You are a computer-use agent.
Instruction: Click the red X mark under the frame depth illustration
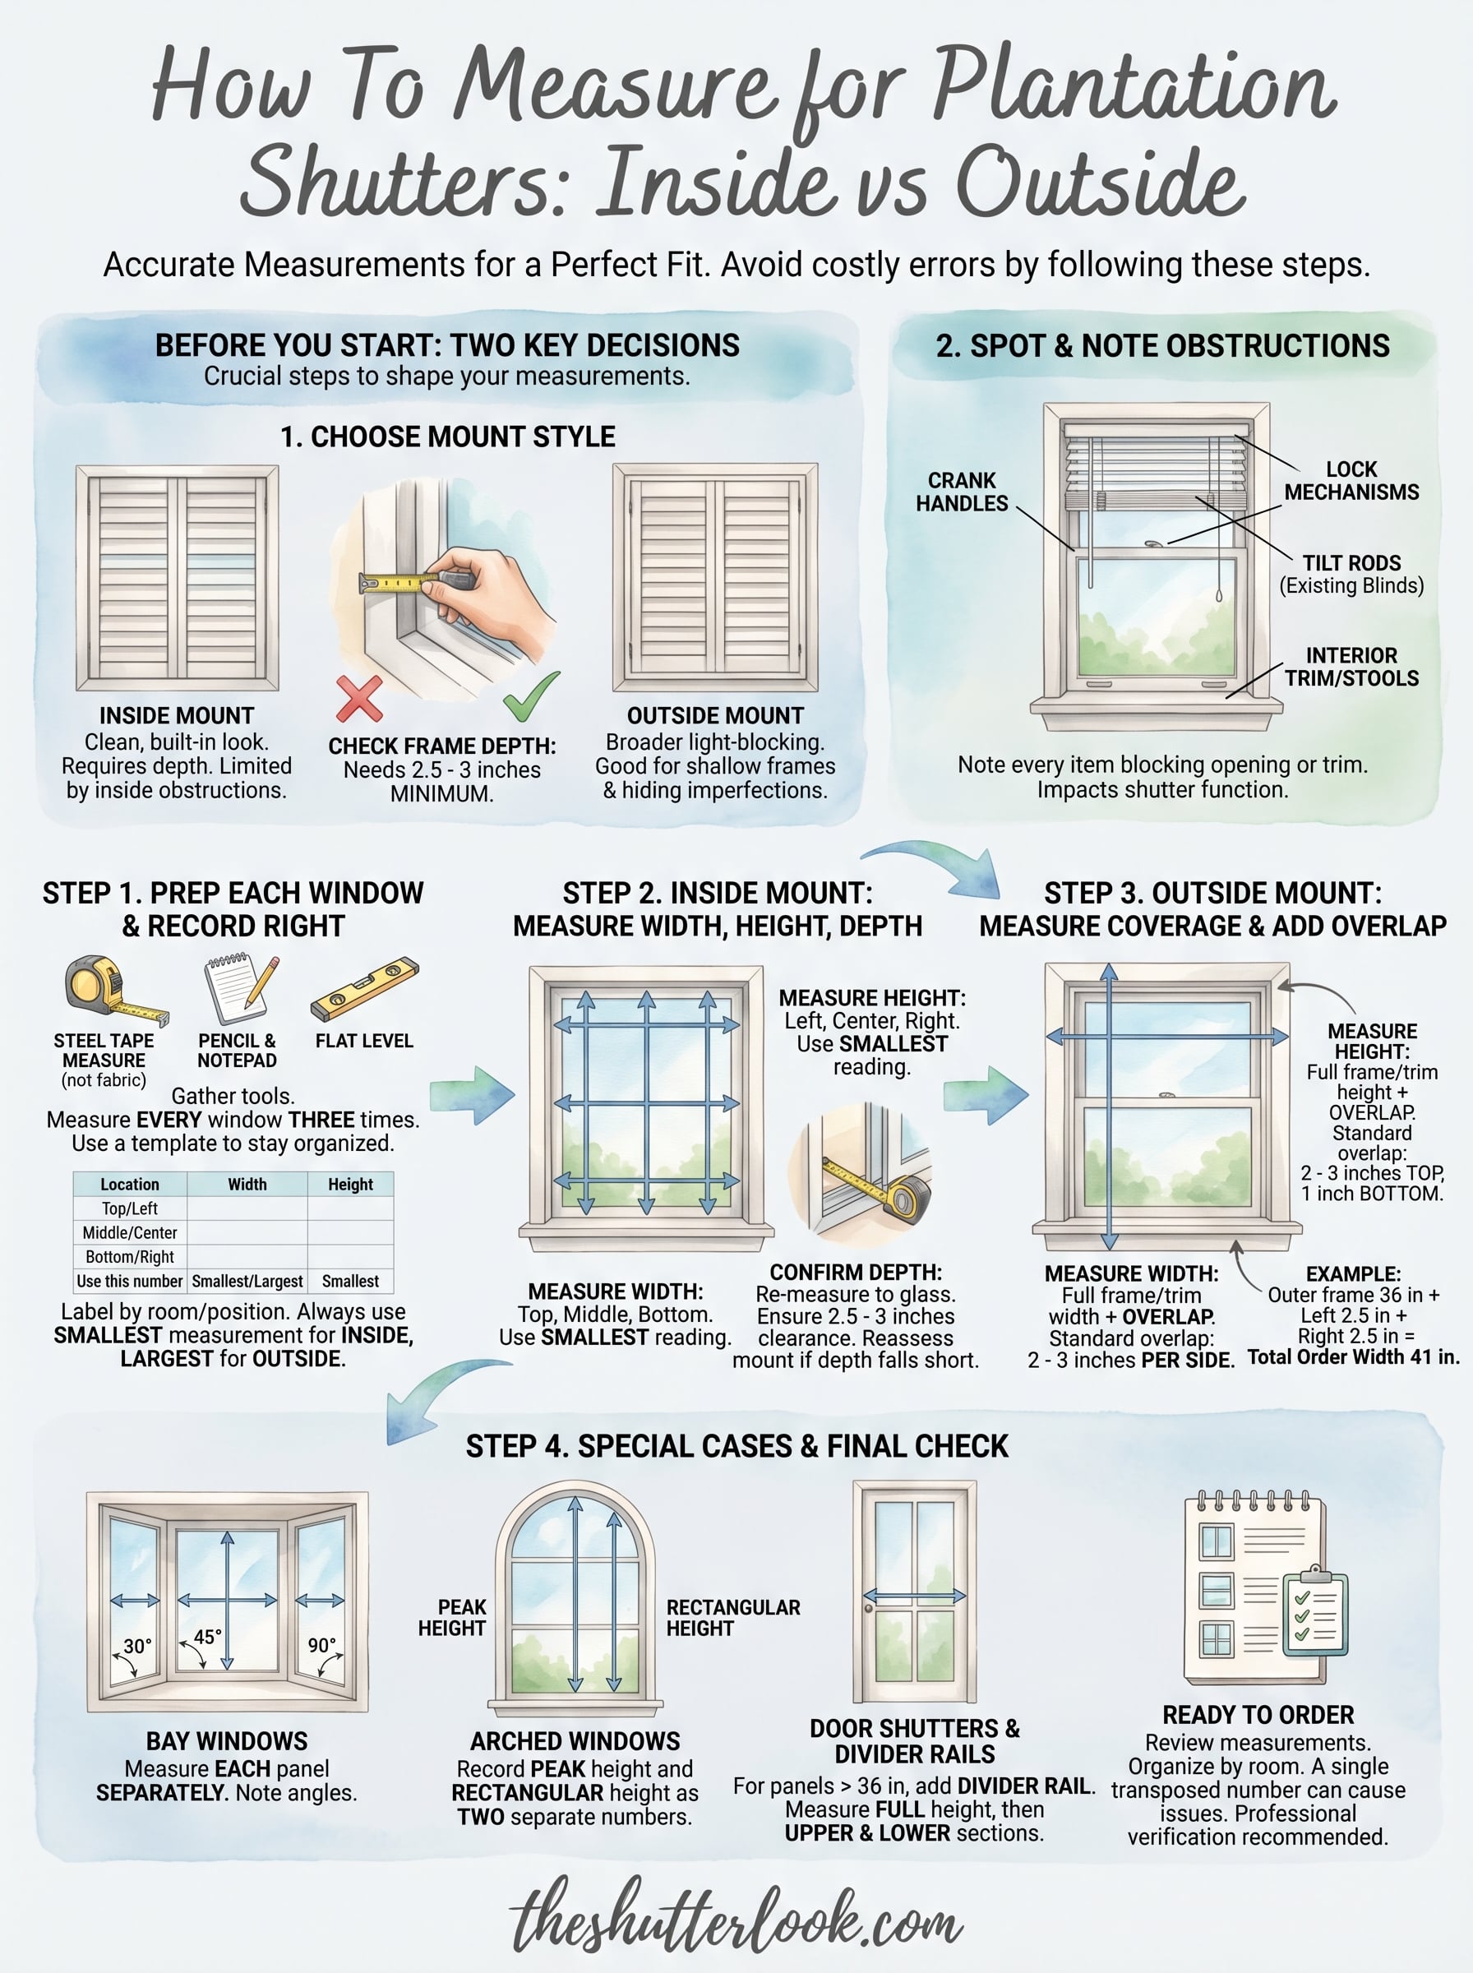(359, 698)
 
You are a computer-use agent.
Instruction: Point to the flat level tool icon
(364, 989)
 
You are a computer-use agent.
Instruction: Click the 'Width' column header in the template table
(247, 1184)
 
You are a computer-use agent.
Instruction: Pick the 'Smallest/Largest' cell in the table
(247, 1281)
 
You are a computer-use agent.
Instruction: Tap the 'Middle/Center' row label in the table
(130, 1232)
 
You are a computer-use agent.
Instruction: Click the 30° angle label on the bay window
(137, 1646)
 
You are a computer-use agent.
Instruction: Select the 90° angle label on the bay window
(322, 1645)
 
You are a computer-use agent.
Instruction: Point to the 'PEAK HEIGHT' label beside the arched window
(452, 1617)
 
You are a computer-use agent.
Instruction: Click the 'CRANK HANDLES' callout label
(961, 492)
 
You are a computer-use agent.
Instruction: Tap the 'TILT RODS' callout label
(1351, 563)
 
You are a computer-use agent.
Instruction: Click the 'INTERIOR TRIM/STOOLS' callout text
(1351, 667)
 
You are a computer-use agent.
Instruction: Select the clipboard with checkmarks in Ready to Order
(1314, 1612)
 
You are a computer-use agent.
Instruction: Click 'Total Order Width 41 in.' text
(1353, 1357)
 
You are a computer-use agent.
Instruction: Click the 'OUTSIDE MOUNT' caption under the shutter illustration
(715, 716)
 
